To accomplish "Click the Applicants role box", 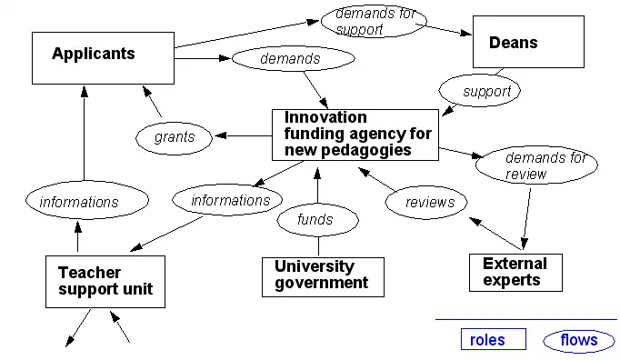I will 102,58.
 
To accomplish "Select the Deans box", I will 527,43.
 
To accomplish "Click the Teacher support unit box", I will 105,281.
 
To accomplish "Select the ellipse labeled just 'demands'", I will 290,59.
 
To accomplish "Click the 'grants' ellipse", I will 174,137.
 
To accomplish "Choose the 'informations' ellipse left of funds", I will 230,200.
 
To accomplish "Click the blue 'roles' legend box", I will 493,340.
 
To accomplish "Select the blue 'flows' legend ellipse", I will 578,341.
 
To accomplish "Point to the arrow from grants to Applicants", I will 153,101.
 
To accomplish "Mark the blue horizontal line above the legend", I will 527,319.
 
